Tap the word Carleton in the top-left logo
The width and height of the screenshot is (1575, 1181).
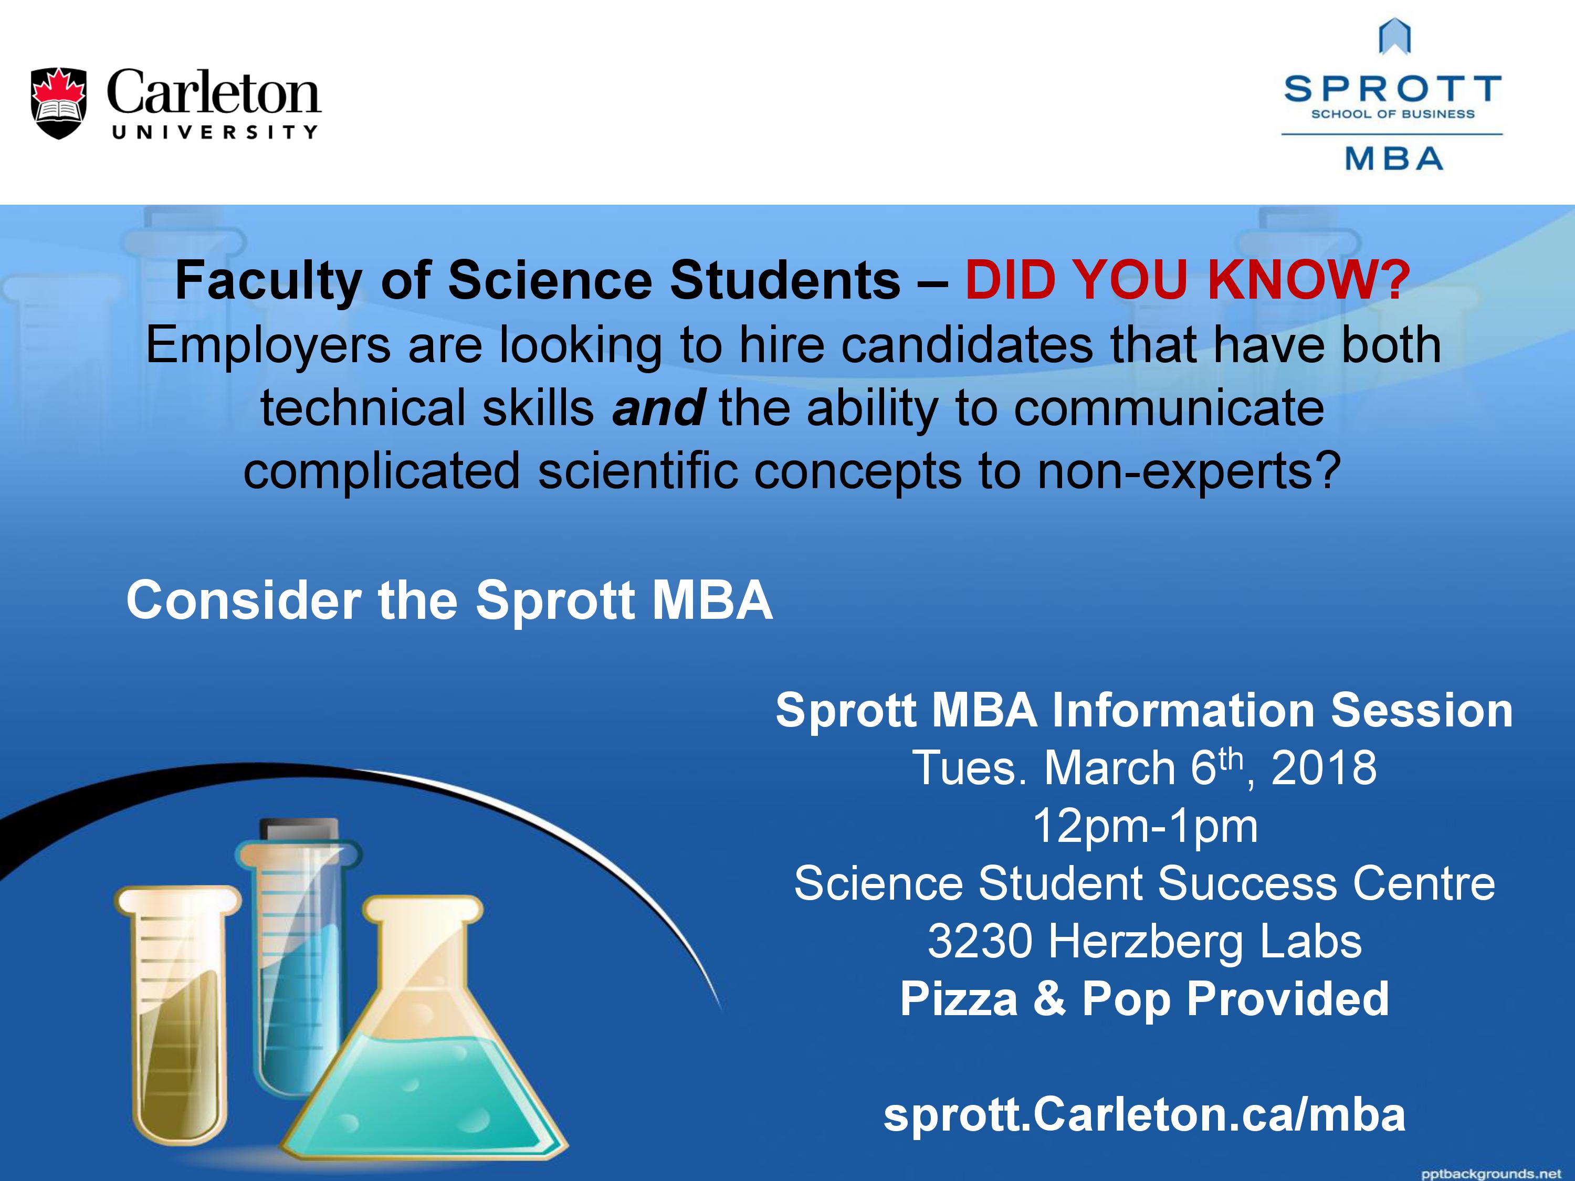pos(214,92)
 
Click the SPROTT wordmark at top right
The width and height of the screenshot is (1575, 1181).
pos(1393,90)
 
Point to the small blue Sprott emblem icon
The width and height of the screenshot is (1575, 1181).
pos(1395,37)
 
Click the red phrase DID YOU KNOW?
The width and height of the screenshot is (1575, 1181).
pos(1187,280)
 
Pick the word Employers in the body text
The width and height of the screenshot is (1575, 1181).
pos(268,346)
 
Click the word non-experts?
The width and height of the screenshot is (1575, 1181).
pos(1189,472)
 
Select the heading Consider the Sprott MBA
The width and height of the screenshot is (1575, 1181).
pos(449,600)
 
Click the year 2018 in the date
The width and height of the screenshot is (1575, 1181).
pos(1324,768)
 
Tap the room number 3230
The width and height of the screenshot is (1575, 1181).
pos(980,942)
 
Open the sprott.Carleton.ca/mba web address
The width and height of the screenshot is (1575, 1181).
pos(1144,1114)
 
